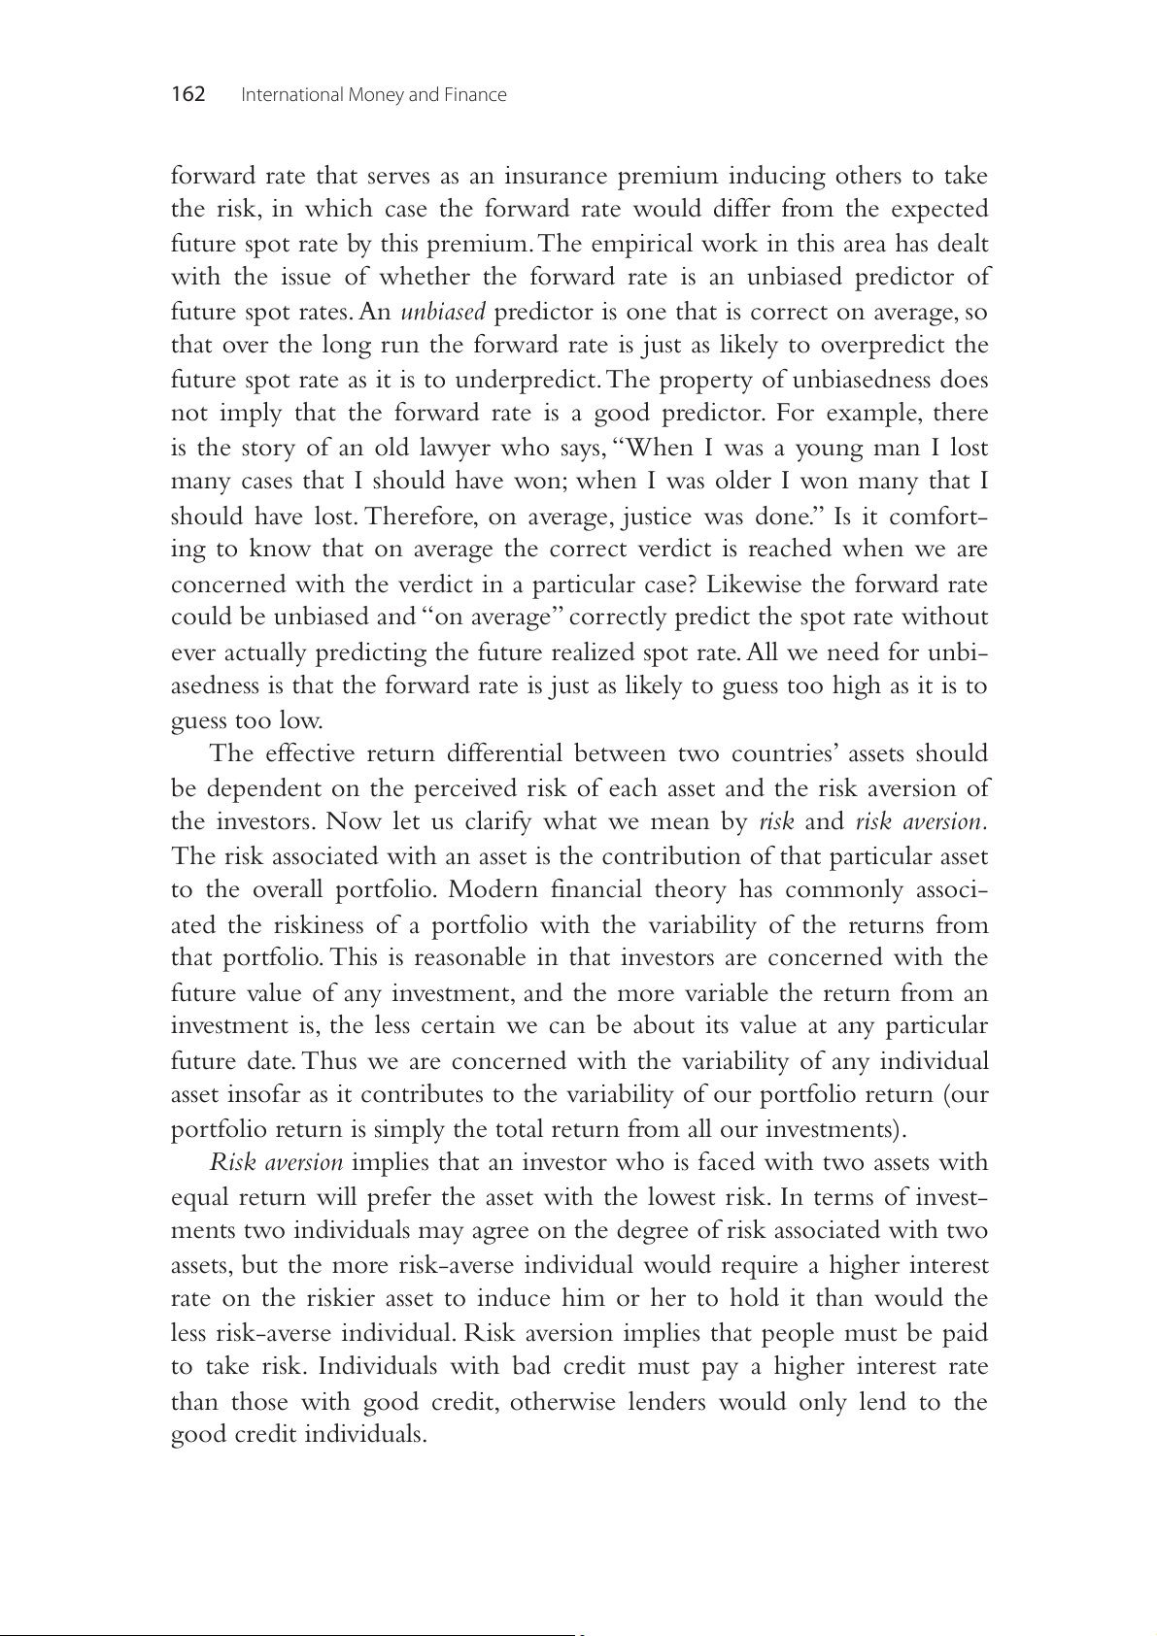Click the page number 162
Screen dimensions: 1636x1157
[188, 94]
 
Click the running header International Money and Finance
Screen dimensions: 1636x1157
[373, 95]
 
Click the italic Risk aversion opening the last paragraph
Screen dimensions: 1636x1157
[276, 1162]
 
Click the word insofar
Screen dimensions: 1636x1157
[271, 1094]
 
